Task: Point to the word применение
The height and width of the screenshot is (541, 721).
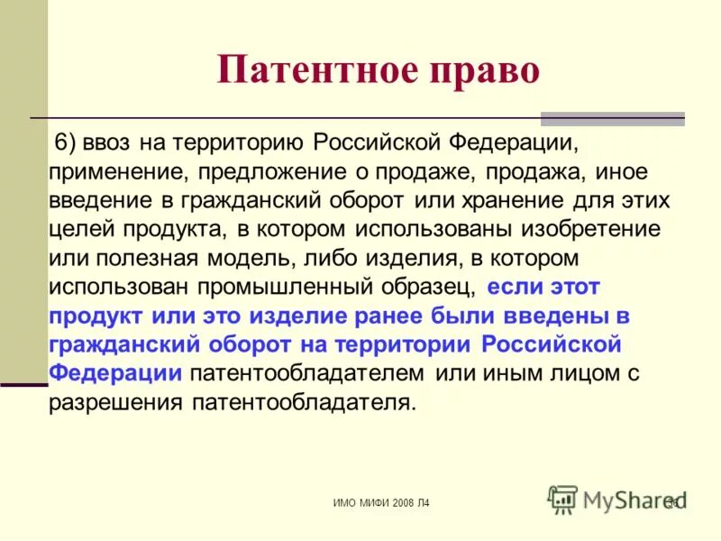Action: pyautogui.click(x=107, y=171)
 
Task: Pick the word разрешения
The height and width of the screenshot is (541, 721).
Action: pyautogui.click(x=116, y=401)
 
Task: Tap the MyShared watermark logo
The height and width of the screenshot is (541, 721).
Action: pyautogui.click(x=613, y=499)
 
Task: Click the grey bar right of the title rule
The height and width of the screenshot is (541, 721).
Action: pyautogui.click(x=612, y=118)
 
